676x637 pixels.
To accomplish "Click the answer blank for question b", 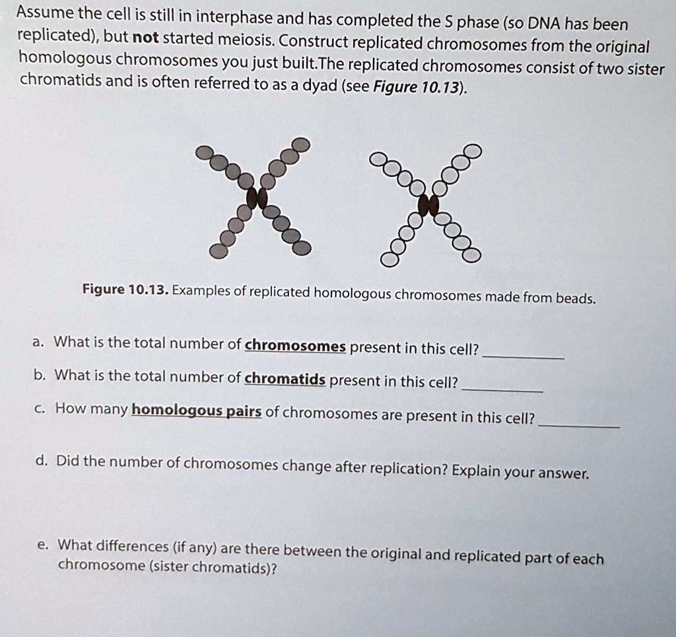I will (x=502, y=389).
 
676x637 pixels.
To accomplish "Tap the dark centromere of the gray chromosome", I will (x=257, y=196).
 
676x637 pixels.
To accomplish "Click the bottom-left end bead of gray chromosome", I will (x=217, y=250).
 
